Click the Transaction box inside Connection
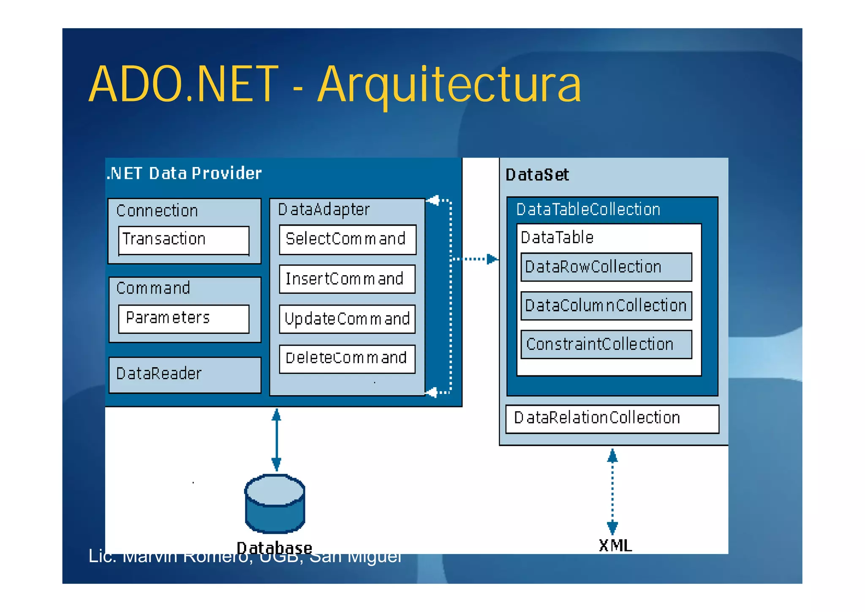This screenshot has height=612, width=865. [x=184, y=240]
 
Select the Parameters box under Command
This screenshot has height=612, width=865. [x=184, y=319]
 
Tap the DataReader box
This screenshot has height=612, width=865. [x=185, y=374]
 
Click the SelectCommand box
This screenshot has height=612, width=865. [x=347, y=239]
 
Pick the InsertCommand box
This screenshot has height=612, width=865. [x=347, y=279]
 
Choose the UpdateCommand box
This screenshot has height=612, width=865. [x=347, y=319]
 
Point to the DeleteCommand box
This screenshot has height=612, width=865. [x=347, y=358]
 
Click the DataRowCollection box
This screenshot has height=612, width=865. [x=606, y=267]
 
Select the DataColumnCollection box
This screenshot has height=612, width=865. [x=606, y=306]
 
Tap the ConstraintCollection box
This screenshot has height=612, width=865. [x=606, y=344]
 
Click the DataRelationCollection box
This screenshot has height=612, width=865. [x=612, y=418]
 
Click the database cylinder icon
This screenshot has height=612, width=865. [x=275, y=504]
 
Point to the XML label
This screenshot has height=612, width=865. [x=615, y=546]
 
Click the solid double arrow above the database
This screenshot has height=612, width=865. [x=276, y=440]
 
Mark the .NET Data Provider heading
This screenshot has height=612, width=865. [x=184, y=174]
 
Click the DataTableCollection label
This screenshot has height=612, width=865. [x=588, y=210]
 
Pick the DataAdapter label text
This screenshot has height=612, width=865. [x=324, y=210]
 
